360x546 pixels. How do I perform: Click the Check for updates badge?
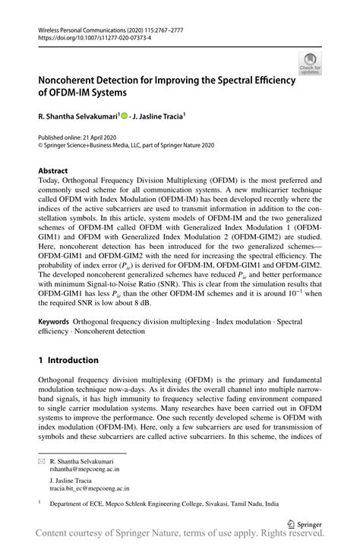point(309,64)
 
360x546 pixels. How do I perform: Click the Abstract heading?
point(53,171)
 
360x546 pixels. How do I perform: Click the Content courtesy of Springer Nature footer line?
point(180,536)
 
